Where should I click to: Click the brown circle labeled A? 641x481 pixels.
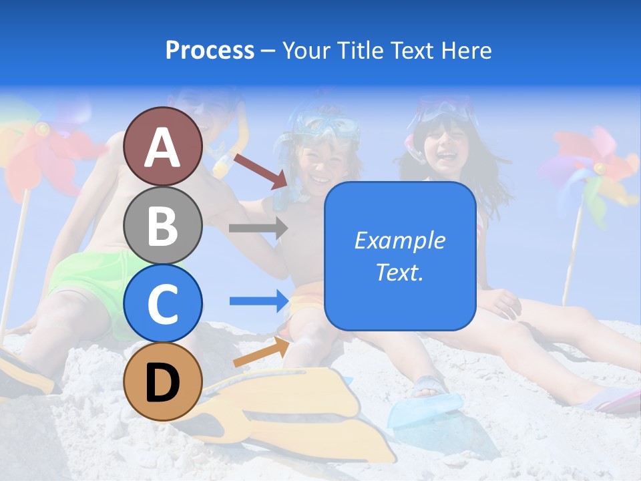[163, 147]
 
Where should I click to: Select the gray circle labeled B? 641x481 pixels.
[163, 225]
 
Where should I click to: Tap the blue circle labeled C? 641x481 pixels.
[163, 303]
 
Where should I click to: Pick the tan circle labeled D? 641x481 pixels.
[163, 381]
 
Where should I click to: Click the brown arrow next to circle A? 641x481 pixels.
[260, 170]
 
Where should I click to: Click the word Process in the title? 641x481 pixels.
[210, 51]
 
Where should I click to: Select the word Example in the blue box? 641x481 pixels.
[400, 240]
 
